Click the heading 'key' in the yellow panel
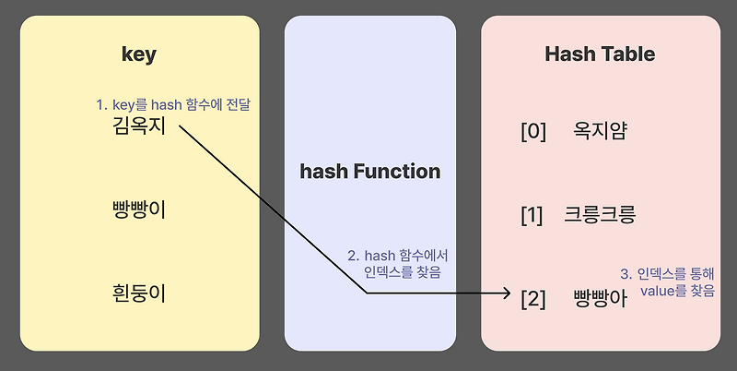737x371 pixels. pos(139,54)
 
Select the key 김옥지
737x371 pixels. pos(139,126)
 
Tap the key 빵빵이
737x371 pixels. pos(139,209)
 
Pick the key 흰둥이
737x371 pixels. pos(139,293)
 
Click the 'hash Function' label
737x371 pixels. pos(370,172)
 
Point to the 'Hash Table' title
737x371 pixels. pos(600,54)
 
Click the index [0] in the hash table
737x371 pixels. pos(534,132)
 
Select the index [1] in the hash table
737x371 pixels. pos(532,217)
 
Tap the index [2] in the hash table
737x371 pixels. pos(533,299)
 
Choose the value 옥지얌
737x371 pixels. pos(600,132)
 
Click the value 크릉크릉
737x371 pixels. pos(601,217)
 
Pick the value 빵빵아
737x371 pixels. pos(600,299)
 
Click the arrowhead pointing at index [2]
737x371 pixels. pos(506,293)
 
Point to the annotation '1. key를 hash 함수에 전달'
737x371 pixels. pos(174,106)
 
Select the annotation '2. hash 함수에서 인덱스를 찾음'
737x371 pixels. pos(398,263)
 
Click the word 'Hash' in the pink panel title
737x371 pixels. pos(569,54)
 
